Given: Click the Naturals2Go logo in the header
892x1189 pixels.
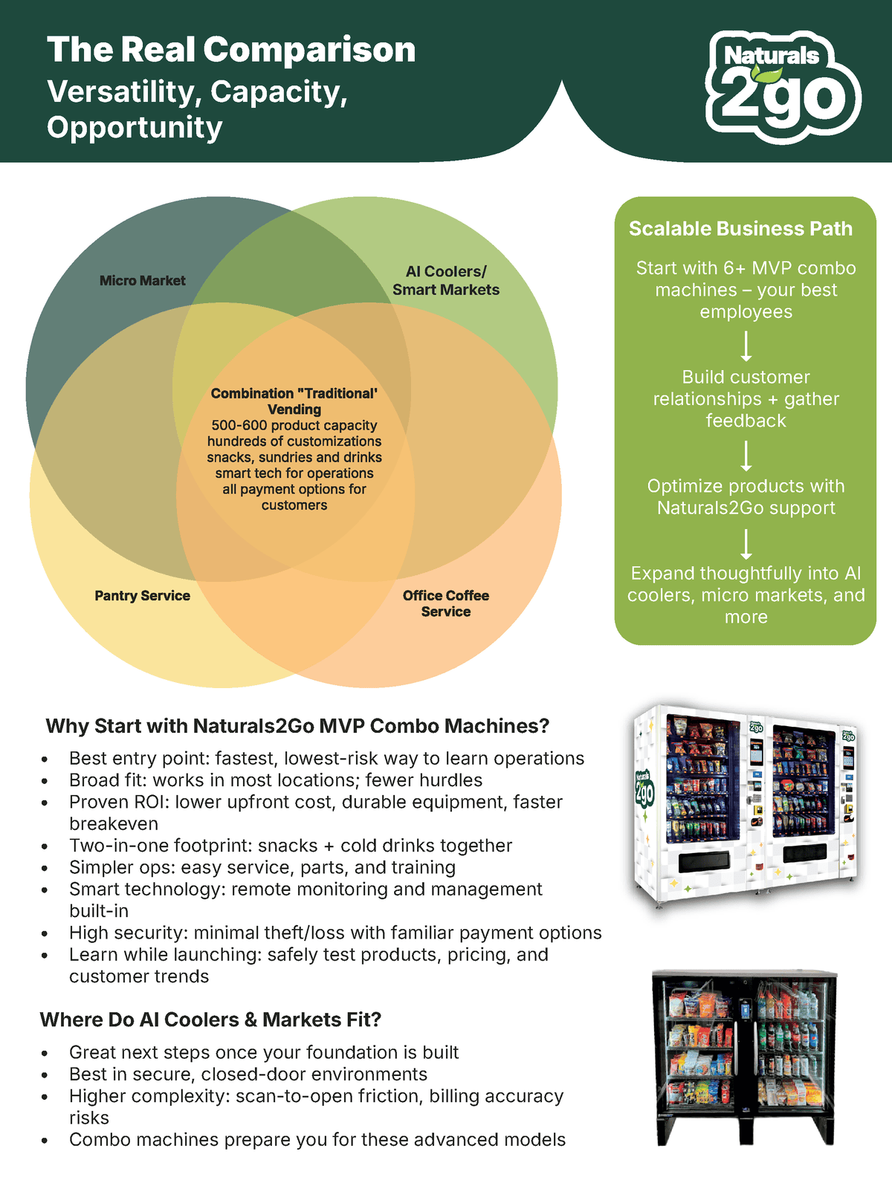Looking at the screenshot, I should tap(783, 85).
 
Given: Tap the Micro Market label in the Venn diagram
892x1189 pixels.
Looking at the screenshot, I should tap(142, 281).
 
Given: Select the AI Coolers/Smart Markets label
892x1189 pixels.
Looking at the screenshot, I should tap(446, 281).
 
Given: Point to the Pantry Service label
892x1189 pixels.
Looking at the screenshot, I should tap(142, 596).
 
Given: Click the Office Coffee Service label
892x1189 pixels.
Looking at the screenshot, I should tap(446, 603).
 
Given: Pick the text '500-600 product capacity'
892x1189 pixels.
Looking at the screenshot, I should tap(294, 426).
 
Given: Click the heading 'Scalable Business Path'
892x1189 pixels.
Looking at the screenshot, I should tap(740, 229).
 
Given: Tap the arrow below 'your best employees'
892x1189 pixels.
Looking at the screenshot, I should tap(746, 346).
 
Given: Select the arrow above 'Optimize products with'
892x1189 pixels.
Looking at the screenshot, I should tap(746, 456).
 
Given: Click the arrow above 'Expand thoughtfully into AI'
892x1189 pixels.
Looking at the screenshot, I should tap(746, 544).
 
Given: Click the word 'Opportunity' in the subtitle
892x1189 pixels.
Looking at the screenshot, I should tap(135, 128).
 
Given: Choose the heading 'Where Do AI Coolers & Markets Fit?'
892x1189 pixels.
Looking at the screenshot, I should tap(210, 1020).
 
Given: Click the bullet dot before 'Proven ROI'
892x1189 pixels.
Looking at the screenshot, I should tap(45, 803).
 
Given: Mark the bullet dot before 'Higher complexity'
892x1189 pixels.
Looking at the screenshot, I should tap(45, 1098).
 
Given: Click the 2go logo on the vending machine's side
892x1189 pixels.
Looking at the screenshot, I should tap(644, 789).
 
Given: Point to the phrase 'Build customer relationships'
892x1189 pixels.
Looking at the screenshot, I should tap(746, 388).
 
